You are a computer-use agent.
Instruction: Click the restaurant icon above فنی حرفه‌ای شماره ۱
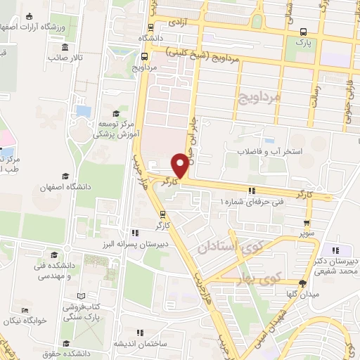(251, 190)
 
